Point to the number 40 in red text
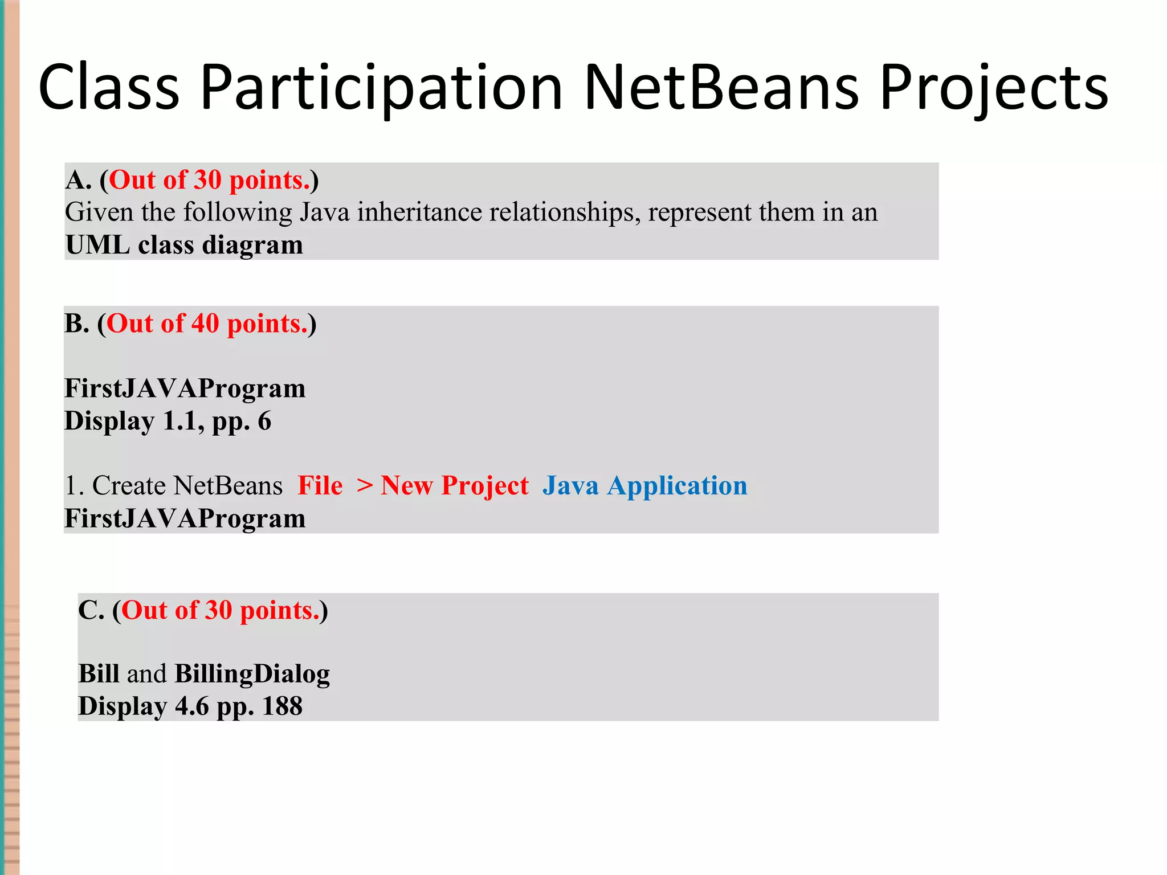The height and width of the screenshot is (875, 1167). click(x=205, y=324)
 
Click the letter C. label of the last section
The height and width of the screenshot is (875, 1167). click(x=91, y=610)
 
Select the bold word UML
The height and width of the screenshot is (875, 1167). click(x=97, y=245)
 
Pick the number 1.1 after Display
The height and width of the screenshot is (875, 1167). click(x=183, y=421)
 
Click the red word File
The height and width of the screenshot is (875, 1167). click(x=320, y=486)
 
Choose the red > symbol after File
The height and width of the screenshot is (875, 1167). click(x=365, y=486)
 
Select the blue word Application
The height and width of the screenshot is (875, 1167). click(x=677, y=486)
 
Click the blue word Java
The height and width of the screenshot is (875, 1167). click(x=570, y=486)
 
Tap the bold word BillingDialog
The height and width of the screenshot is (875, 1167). click(x=252, y=674)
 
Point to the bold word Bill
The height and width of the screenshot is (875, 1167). click(x=99, y=674)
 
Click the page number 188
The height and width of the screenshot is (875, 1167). click(x=282, y=706)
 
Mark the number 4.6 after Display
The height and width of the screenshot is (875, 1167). click(x=192, y=706)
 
